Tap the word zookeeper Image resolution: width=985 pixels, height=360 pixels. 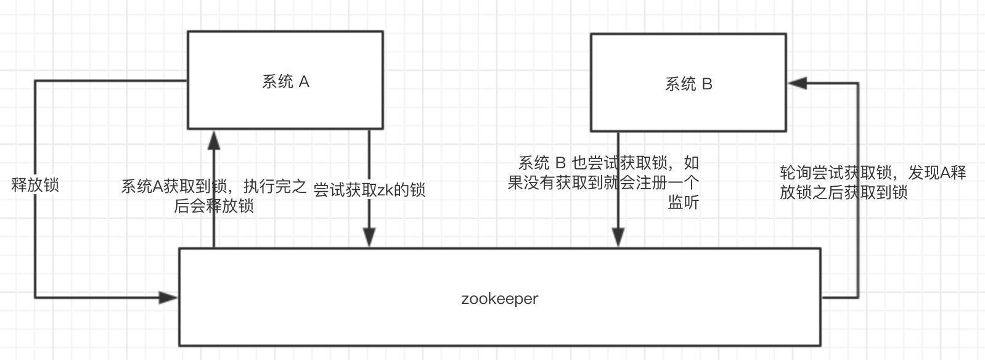pos(499,298)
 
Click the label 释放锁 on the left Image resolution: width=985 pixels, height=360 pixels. pos(35,185)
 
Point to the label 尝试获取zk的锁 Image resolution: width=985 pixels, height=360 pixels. pos(369,190)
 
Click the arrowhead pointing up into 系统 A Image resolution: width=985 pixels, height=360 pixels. pos(214,140)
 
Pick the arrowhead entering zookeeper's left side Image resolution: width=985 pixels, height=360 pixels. pos(168,298)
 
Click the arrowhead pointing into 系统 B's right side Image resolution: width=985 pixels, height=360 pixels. pos(798,83)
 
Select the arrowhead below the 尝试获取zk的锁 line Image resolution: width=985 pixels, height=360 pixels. pos(369,237)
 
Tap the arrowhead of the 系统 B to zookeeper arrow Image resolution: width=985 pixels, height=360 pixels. pos(618,237)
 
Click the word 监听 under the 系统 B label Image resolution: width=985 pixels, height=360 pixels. pos(684,202)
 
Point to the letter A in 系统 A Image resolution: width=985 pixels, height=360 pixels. pos(304,82)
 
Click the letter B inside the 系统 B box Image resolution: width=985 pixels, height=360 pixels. pos(707,84)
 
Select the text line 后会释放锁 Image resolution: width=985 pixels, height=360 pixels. pos(214,206)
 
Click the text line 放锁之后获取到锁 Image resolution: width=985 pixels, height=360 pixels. pos(844,192)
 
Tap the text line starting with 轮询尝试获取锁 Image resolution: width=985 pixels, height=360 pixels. pos(873,173)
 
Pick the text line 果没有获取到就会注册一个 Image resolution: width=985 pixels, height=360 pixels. pos(603,183)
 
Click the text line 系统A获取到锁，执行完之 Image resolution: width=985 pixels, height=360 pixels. pos(214,187)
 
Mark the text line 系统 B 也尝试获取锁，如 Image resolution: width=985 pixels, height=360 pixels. pos(608,163)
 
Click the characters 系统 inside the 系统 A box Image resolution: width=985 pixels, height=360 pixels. pos(277,82)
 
